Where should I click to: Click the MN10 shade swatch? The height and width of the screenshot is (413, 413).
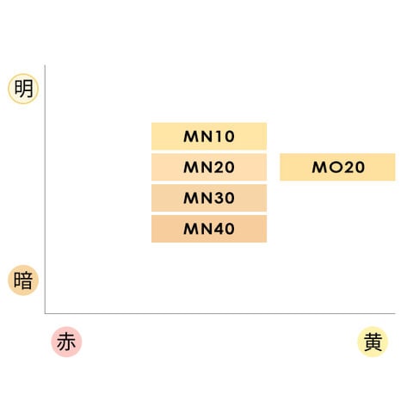209,136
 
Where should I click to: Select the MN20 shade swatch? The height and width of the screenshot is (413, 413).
209,167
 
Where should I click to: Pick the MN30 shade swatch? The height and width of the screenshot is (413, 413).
209,198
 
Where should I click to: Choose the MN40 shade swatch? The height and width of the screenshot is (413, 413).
209,229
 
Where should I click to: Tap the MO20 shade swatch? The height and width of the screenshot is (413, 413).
337,167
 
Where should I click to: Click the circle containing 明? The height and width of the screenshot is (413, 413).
23,89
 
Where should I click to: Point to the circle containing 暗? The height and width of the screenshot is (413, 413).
23,280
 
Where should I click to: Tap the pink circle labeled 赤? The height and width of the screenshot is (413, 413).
66,342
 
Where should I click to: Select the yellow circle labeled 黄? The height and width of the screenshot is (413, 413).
373,342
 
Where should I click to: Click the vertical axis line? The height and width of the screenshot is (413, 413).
45,189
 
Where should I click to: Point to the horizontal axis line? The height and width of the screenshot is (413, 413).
220,313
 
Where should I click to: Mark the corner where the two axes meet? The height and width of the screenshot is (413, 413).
45,313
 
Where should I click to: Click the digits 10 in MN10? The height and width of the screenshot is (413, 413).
225,137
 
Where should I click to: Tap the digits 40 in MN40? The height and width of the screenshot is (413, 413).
225,229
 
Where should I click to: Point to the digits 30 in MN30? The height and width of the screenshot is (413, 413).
225,198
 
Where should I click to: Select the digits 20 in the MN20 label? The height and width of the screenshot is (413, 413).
225,167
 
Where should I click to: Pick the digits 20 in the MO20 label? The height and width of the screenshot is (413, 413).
354,167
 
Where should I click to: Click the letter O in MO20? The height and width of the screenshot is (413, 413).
336,168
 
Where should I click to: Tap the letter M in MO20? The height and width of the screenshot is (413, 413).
320,167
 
